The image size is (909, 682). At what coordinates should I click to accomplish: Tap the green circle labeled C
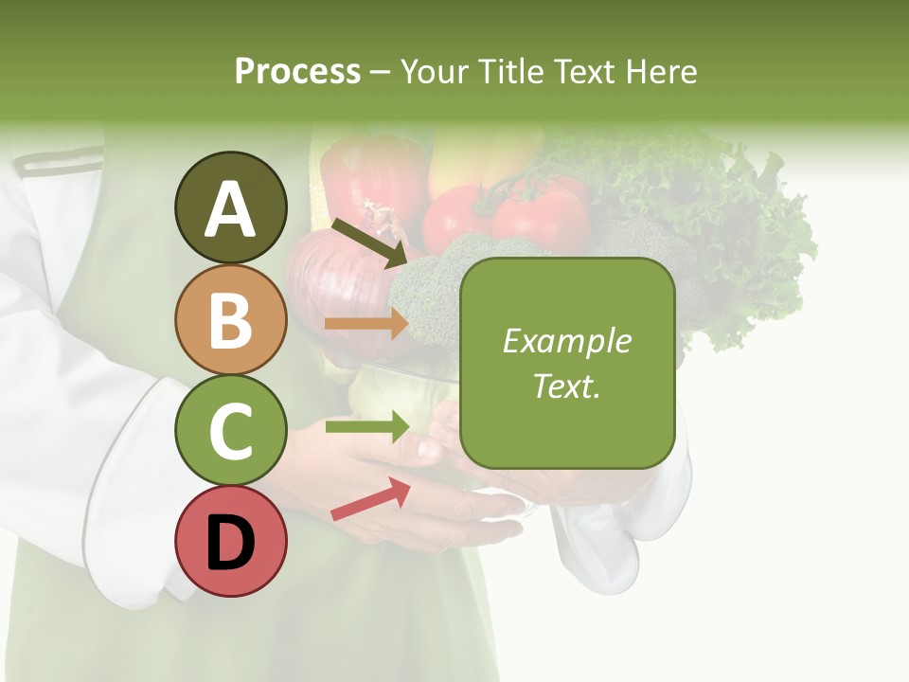[x=231, y=430]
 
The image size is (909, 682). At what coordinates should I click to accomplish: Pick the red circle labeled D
[x=231, y=542]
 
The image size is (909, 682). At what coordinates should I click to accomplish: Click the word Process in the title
[x=297, y=71]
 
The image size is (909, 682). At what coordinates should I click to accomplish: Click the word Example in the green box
[x=566, y=341]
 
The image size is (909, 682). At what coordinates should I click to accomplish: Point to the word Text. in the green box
[x=566, y=386]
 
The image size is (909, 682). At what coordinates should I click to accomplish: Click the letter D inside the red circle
[x=231, y=544]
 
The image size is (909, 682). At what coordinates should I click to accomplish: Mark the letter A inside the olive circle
[x=231, y=210]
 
